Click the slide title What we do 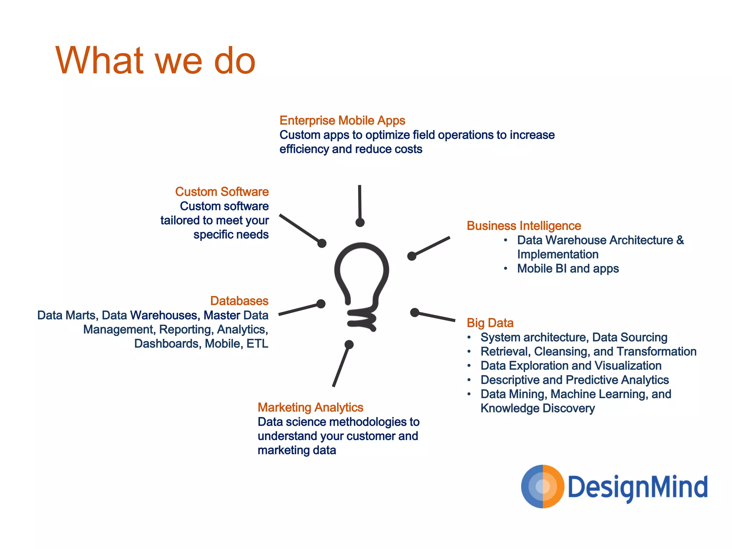coord(155,61)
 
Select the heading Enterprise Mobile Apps coord(342,121)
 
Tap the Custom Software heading coord(222,192)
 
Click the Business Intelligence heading coord(524,226)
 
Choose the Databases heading coord(239,301)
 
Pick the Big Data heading coord(490,323)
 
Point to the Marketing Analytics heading coord(310,407)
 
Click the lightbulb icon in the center coord(362,286)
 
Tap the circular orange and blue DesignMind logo coord(543,486)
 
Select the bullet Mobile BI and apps coord(568,269)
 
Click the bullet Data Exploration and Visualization coord(571,366)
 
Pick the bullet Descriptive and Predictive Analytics coord(574,380)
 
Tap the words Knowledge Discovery coord(538,408)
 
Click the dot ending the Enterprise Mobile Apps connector coord(360,223)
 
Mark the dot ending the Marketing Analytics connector coord(349,345)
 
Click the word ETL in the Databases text coord(257,344)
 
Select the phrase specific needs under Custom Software coord(231,235)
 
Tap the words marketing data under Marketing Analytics coord(297,450)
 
